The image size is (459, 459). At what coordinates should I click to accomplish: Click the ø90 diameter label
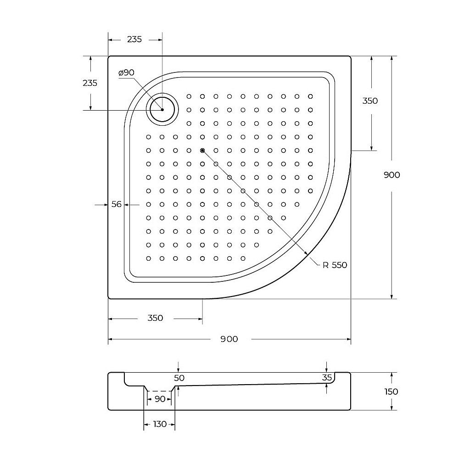point(126,73)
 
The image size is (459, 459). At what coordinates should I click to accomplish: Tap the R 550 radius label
point(335,265)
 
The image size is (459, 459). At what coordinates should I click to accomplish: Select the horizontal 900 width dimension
point(229,339)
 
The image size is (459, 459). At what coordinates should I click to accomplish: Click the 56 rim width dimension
point(117,204)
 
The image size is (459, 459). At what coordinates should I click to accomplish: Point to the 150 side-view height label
point(391,392)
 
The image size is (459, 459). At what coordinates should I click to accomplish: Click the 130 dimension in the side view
point(159,424)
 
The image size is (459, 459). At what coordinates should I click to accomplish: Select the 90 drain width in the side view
point(159,399)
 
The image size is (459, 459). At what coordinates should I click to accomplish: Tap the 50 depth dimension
point(179,378)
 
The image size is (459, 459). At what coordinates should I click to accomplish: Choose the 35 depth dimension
point(327,377)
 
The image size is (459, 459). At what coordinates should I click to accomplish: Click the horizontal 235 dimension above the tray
point(134,39)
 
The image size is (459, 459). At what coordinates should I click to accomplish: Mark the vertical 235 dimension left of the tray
point(90,83)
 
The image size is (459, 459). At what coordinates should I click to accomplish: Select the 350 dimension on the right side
point(370,101)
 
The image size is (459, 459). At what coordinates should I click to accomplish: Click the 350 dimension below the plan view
point(155,318)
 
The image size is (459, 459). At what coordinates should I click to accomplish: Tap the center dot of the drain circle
point(162,110)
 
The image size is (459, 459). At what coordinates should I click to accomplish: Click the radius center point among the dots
point(202,150)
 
